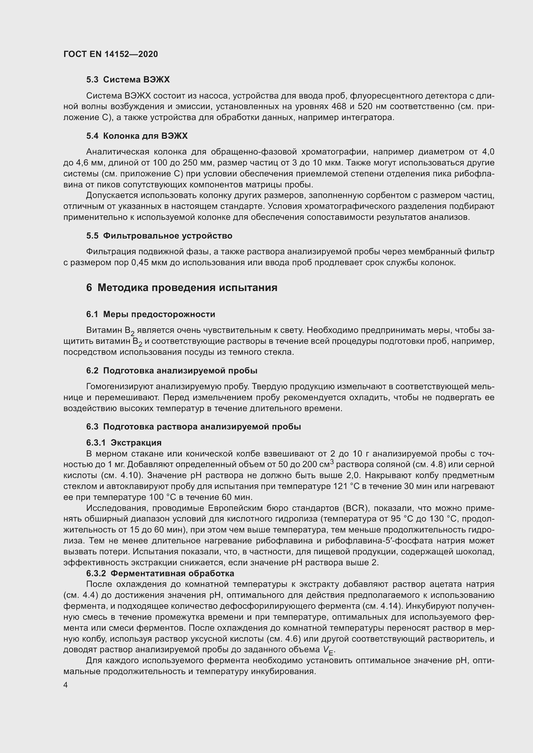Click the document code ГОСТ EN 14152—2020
(111, 54)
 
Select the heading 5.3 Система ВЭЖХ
(128, 80)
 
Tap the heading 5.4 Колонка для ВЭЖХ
(137, 136)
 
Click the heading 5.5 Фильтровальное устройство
(159, 236)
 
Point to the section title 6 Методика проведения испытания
(182, 287)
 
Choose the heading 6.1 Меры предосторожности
(150, 314)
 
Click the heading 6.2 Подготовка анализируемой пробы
(172, 371)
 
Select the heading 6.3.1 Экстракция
(124, 443)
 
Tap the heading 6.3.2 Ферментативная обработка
(160, 573)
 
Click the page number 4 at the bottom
(66, 685)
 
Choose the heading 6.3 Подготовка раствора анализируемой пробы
(194, 427)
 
